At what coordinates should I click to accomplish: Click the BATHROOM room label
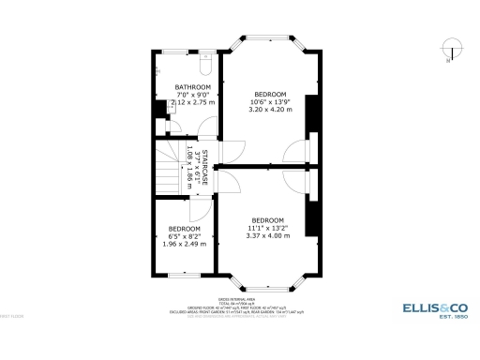[x=192, y=87]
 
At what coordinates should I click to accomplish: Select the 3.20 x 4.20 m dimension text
[x=270, y=110]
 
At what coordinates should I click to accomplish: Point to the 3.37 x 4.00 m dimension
[x=267, y=235]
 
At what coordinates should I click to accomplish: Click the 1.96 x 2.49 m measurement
[x=184, y=245]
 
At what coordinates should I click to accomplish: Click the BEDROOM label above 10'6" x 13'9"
[x=270, y=95]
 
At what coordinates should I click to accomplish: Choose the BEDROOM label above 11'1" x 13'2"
[x=267, y=220]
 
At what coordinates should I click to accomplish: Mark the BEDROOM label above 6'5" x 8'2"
[x=184, y=230]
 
